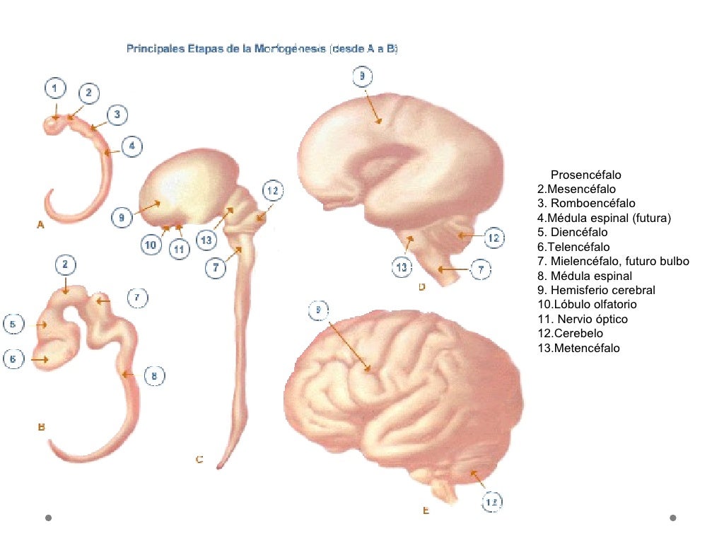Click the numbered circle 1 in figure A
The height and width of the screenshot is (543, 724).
(55, 88)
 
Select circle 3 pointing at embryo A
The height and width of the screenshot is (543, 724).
(117, 115)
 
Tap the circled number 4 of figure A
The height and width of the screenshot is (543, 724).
(132, 146)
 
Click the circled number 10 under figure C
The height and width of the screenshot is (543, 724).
(151, 245)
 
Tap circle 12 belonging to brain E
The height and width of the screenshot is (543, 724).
(492, 502)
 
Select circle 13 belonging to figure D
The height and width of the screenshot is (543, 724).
(402, 267)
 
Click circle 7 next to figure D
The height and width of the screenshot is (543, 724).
(481, 269)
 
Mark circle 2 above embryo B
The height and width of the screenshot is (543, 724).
(65, 265)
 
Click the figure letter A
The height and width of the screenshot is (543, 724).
(40, 225)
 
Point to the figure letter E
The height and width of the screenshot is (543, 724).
(426, 510)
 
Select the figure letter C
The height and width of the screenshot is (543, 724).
(199, 460)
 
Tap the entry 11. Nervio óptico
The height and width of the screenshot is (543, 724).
(582, 319)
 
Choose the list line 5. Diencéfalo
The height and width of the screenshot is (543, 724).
(572, 232)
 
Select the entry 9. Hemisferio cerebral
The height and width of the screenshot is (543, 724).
(596, 290)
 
